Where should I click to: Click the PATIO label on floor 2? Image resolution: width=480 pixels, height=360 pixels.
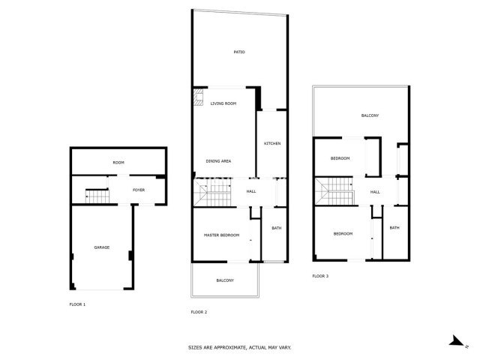(x=239, y=52)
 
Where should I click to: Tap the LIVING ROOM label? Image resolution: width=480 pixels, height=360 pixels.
(x=223, y=103)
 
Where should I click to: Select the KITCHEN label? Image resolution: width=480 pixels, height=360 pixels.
(x=271, y=143)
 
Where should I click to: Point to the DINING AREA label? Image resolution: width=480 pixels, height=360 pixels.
(x=218, y=161)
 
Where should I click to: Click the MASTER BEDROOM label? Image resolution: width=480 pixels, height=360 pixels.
(x=222, y=235)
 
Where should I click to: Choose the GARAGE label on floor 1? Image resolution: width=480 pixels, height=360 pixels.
(x=101, y=247)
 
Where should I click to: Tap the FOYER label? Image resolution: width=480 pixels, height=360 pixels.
(x=139, y=190)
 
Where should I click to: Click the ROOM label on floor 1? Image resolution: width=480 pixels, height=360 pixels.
(x=118, y=163)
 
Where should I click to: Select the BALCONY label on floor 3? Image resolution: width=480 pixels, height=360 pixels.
(x=370, y=115)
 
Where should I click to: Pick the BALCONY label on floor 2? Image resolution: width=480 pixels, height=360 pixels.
(x=225, y=280)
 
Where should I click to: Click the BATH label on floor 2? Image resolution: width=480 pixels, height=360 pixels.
(x=276, y=229)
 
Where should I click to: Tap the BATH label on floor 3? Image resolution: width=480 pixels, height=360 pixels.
(x=394, y=228)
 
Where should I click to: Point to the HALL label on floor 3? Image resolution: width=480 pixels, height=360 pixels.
(x=375, y=192)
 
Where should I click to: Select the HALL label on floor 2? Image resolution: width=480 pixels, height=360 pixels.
(x=251, y=192)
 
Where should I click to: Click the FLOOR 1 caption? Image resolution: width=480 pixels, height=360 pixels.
(x=77, y=304)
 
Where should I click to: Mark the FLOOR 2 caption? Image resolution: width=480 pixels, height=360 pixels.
(x=199, y=312)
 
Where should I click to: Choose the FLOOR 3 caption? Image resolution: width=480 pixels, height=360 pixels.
(x=320, y=276)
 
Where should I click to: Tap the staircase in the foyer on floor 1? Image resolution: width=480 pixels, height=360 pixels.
(x=97, y=196)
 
